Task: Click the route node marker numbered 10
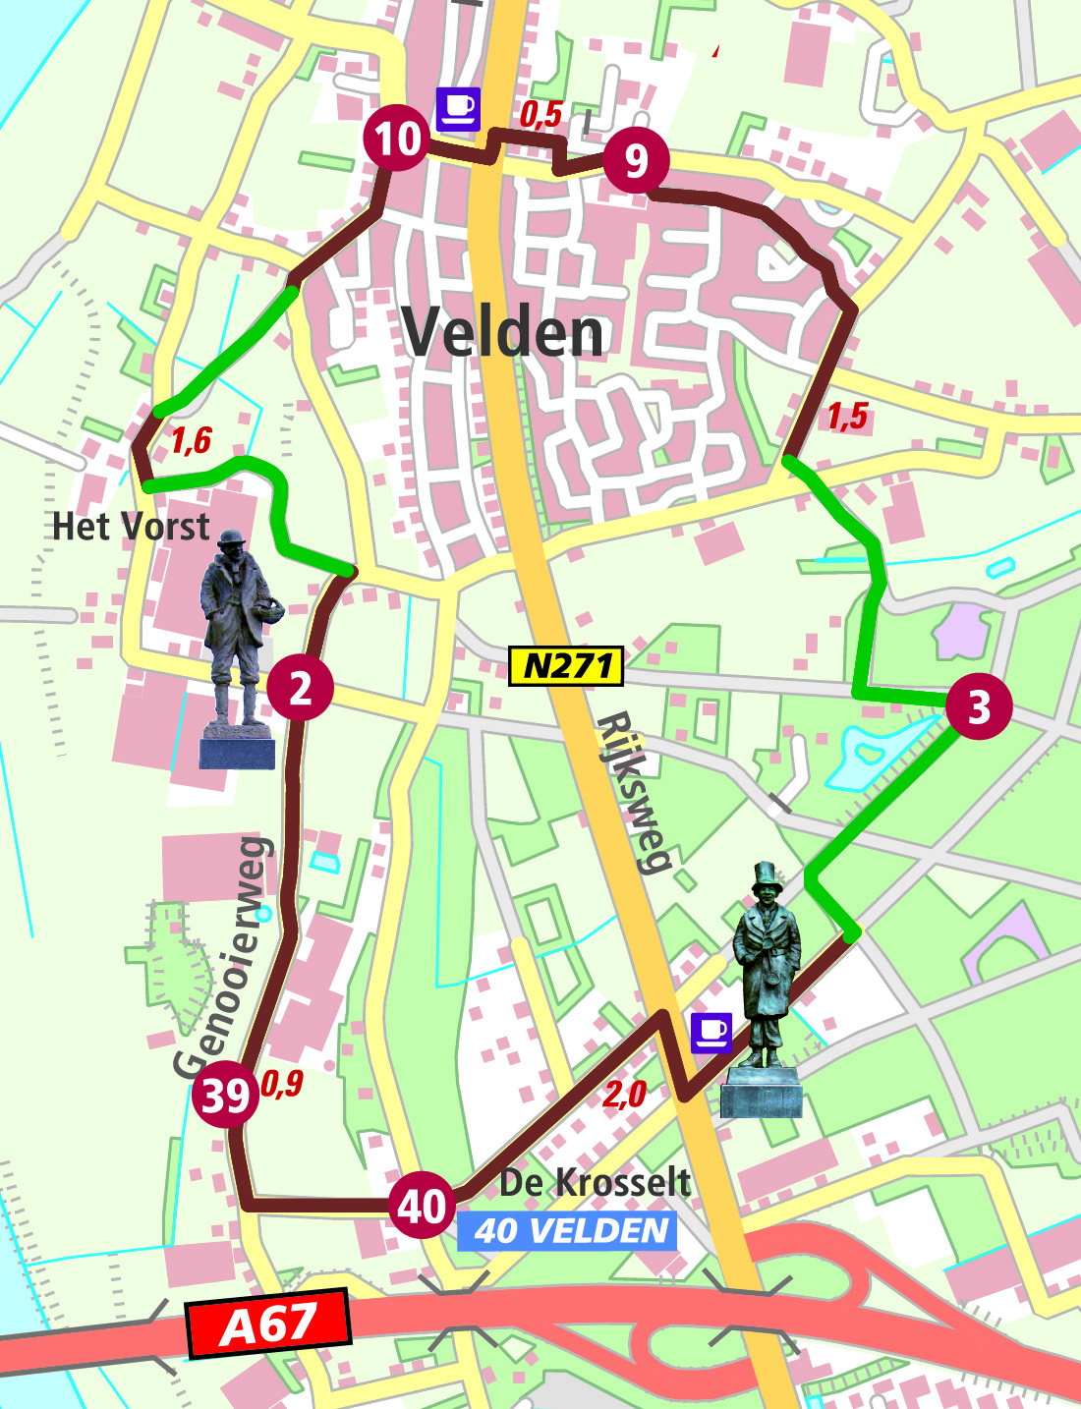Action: (397, 138)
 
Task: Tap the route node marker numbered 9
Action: (636, 160)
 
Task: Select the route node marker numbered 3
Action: (979, 706)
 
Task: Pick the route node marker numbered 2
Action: (300, 688)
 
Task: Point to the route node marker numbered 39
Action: (225, 1095)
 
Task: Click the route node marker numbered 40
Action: (422, 1206)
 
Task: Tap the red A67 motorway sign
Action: (268, 1324)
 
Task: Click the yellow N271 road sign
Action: (567, 666)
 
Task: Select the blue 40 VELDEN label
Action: (567, 1231)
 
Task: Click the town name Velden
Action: (503, 332)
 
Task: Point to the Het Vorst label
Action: (131, 527)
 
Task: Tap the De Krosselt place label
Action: (595, 1182)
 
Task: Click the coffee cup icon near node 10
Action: (458, 108)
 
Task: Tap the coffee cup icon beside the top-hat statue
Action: (711, 1033)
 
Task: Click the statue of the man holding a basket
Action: (237, 648)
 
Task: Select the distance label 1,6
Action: (191, 440)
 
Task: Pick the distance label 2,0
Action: (625, 1094)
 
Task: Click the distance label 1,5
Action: (847, 417)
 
